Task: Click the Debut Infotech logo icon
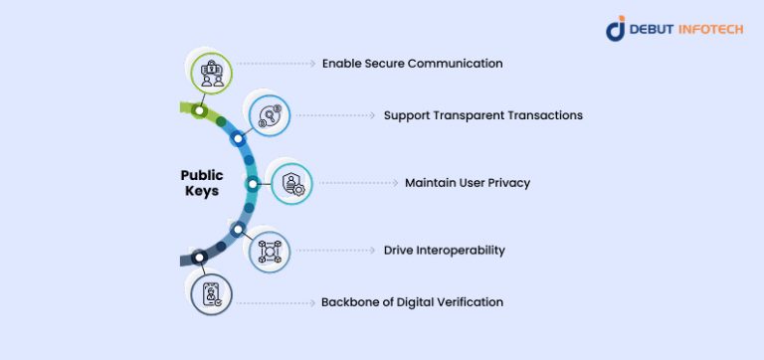click(x=616, y=29)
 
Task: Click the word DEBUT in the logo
click(x=652, y=30)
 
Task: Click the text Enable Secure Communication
click(x=412, y=64)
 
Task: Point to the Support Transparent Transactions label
click(x=482, y=115)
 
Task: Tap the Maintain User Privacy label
click(x=468, y=183)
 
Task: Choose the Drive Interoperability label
click(x=444, y=251)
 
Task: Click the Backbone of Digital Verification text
click(x=412, y=301)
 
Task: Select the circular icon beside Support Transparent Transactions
click(x=270, y=117)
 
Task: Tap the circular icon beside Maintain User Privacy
click(x=292, y=183)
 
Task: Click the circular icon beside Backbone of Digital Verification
click(x=211, y=294)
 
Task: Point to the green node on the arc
click(x=199, y=110)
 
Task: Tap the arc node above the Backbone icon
click(x=199, y=258)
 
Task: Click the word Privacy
click(x=508, y=183)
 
